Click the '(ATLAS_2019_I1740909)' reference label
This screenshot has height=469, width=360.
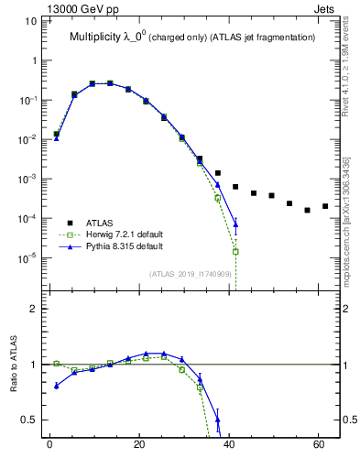point(190,274)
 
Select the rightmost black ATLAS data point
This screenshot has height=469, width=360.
point(325,206)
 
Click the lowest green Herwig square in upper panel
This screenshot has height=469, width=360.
point(235,251)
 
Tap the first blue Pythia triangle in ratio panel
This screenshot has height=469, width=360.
point(56,386)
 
